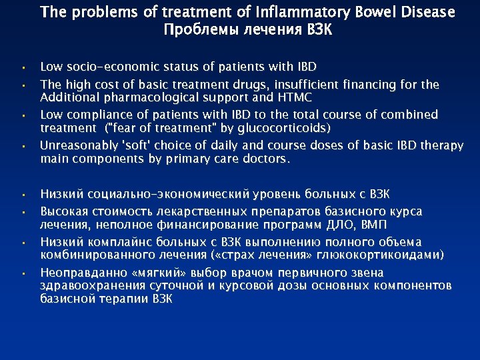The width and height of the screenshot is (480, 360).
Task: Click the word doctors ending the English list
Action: point(267,158)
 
